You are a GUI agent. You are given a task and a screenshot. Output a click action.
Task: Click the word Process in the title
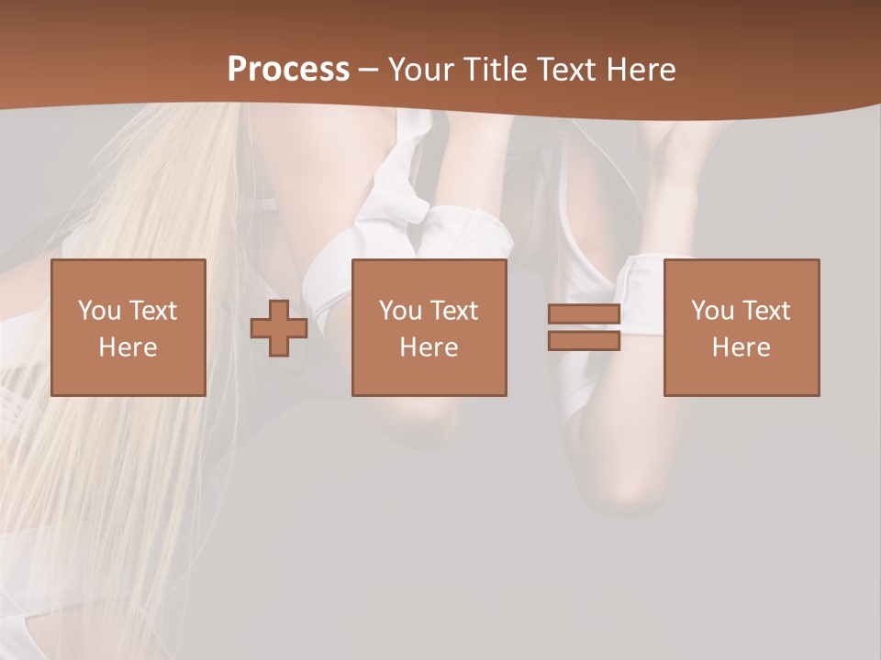pyautogui.click(x=288, y=70)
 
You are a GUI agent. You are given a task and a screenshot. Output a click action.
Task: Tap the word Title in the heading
pyautogui.click(x=491, y=70)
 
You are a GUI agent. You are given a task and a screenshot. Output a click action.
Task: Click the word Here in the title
pyautogui.click(x=640, y=70)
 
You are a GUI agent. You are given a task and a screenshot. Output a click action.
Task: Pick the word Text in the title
pyautogui.click(x=563, y=70)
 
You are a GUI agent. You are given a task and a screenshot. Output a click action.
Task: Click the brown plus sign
pyautogui.click(x=279, y=328)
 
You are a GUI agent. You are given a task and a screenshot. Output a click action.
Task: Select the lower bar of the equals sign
pyautogui.click(x=584, y=341)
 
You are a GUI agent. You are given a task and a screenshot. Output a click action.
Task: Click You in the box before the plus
pyautogui.click(x=99, y=311)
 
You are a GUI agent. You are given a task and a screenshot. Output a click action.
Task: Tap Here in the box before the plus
pyautogui.click(x=128, y=347)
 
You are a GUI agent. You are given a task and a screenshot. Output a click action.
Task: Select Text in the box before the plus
pyautogui.click(x=151, y=311)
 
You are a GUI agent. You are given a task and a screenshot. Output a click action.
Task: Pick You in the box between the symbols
pyautogui.click(x=400, y=311)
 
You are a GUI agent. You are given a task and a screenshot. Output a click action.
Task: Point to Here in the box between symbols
pyautogui.click(x=429, y=347)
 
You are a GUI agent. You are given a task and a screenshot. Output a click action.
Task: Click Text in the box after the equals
pyautogui.click(x=764, y=311)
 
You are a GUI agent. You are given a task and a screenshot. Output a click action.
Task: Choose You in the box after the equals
pyautogui.click(x=712, y=311)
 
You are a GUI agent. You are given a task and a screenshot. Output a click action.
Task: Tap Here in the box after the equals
pyautogui.click(x=742, y=347)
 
